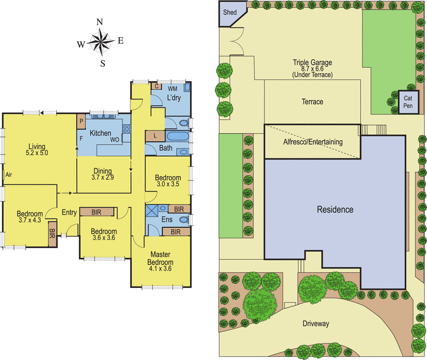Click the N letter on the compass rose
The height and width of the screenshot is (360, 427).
coord(100,22)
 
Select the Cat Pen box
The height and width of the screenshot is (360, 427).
coord(408,102)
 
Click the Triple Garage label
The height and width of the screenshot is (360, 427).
coord(312,62)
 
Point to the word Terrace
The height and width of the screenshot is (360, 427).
coord(312,102)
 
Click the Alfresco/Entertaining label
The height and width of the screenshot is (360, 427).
coord(313,142)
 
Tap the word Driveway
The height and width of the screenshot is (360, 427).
coord(316,324)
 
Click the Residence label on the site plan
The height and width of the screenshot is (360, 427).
coord(335,210)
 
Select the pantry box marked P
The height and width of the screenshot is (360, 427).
coord(81,121)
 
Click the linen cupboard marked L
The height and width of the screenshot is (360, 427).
coord(155,136)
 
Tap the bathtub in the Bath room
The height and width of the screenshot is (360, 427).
coord(177,136)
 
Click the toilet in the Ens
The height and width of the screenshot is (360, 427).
coord(185,219)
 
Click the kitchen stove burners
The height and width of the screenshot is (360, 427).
coord(126,129)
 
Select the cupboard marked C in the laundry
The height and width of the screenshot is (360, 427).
coord(156,86)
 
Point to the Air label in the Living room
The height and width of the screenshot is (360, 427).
coord(9,175)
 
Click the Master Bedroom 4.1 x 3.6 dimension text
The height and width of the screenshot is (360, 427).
coord(160,269)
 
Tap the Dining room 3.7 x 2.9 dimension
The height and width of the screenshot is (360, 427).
coord(102,178)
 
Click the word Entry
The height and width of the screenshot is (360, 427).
coord(69,212)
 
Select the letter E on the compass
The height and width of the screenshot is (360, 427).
coord(121,41)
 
